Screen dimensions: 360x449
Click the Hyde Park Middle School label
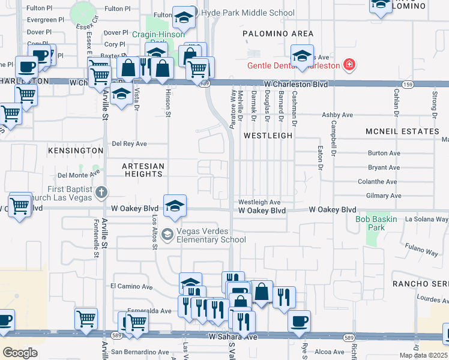coord(248,13)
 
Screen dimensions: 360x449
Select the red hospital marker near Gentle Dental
coord(348,65)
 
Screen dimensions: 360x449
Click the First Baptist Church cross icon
coord(102,193)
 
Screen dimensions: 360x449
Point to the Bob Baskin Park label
coord(378,223)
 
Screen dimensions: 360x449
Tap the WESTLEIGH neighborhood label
coord(268,136)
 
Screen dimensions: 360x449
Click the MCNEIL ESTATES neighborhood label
coord(403,131)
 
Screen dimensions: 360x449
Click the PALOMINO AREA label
coord(278,34)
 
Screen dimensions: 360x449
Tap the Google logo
coord(20,352)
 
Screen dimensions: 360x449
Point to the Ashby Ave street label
coord(337,115)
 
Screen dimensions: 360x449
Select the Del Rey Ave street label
coord(130,144)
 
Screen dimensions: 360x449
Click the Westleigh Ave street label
coord(259,203)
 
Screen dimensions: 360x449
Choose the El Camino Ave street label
coord(131,287)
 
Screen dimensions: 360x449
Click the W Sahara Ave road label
coord(233,337)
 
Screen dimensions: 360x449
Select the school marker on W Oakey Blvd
coord(175,205)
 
